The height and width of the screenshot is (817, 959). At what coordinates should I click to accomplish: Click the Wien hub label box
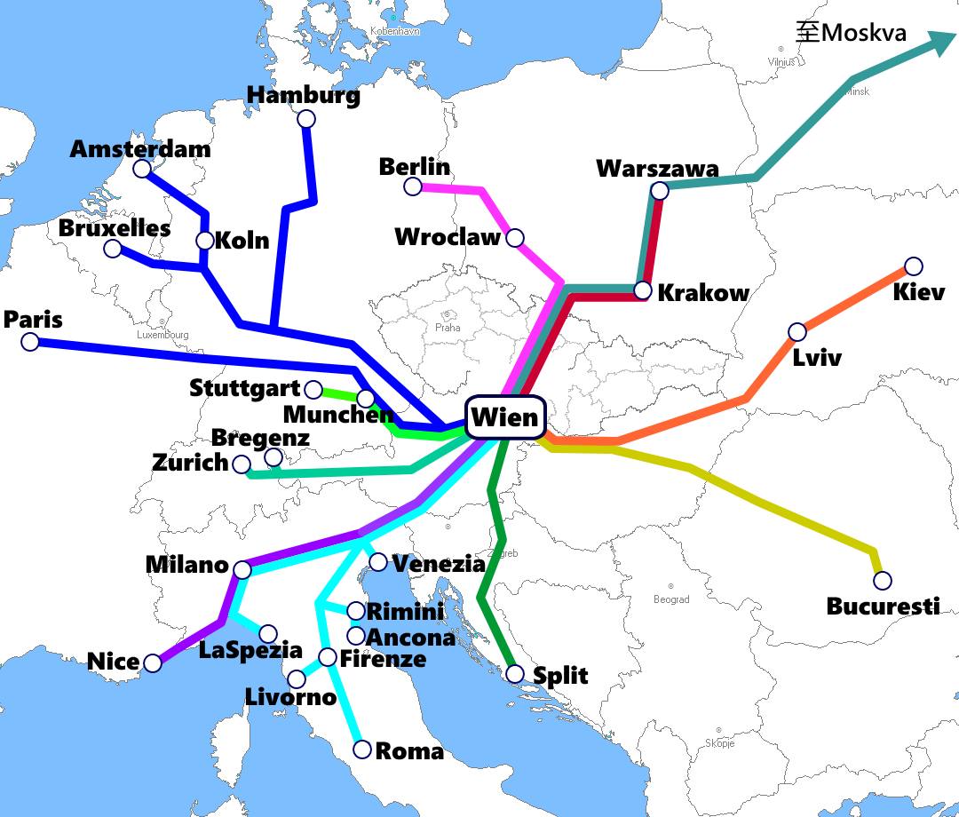(x=503, y=417)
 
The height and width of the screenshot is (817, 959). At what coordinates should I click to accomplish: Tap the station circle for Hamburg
(x=306, y=119)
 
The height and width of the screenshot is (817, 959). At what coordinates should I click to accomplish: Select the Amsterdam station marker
(x=142, y=169)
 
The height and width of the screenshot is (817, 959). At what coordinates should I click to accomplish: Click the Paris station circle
(x=30, y=341)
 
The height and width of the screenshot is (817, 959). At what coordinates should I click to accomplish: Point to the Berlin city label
(x=414, y=167)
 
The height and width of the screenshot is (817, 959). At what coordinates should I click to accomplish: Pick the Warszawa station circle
(x=659, y=190)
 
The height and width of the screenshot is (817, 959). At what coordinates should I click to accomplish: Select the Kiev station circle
(x=913, y=266)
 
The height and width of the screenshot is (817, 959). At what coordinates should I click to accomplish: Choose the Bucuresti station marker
(x=882, y=581)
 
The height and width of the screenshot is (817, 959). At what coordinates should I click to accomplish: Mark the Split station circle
(x=514, y=674)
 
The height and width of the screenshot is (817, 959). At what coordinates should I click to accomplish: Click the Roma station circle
(x=362, y=750)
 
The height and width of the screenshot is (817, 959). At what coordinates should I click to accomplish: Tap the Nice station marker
(x=153, y=662)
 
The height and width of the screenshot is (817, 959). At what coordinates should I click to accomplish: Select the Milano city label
(x=186, y=565)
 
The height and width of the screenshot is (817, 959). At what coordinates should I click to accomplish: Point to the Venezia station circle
(x=377, y=562)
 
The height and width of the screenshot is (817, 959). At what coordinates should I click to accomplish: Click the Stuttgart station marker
(x=313, y=389)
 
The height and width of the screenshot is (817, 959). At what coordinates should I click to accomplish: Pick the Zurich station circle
(x=241, y=464)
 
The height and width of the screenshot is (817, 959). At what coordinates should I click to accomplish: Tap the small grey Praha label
(x=448, y=327)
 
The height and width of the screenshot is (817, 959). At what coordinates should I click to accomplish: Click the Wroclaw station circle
(x=514, y=238)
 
